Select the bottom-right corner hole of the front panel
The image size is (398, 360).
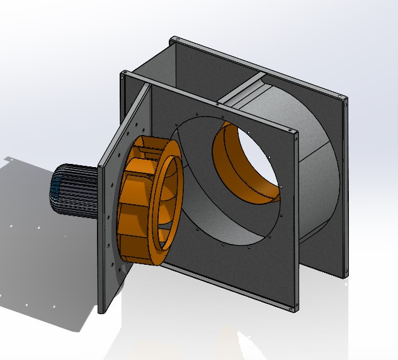pyautogui.click(x=293, y=307)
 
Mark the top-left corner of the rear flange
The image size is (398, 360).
pyautogui.click(x=172, y=39)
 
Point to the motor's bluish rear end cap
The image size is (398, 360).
pyautogui.click(x=55, y=189)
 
